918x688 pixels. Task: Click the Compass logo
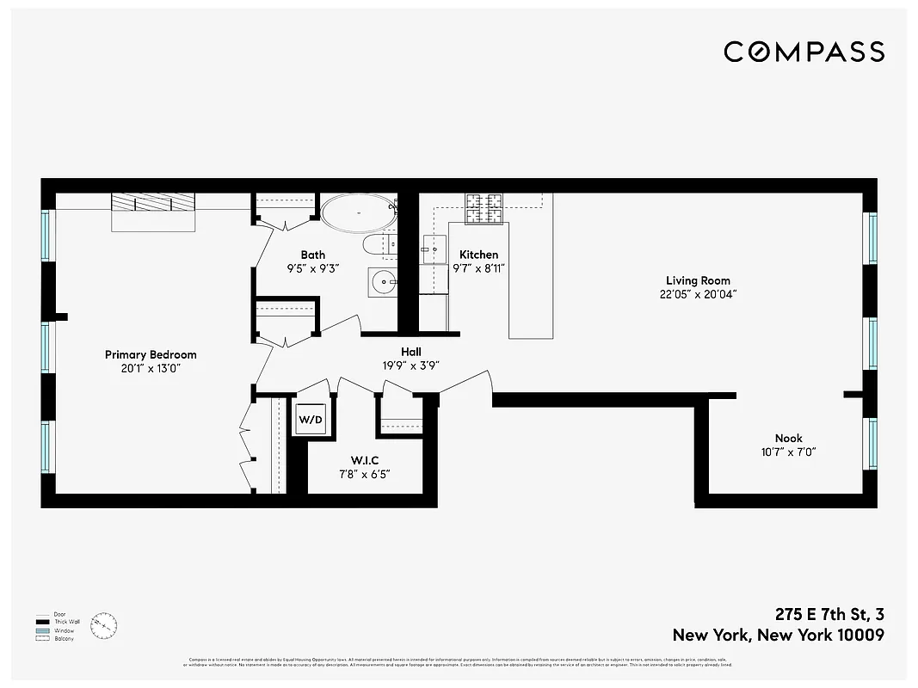coord(804,52)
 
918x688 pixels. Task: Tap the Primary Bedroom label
coord(151,354)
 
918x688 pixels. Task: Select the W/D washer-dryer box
coord(311,421)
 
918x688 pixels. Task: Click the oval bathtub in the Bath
coord(359,212)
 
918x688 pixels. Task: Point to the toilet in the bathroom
coord(379,245)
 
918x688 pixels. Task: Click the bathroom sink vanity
coord(381,281)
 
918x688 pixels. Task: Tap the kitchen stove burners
coord(484,206)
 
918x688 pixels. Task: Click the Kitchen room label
coord(478,255)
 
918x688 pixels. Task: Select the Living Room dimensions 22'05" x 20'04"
coord(698,294)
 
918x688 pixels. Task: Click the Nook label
coord(788,438)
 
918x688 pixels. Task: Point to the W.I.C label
coord(364,460)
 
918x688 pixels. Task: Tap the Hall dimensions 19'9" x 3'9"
coord(411,365)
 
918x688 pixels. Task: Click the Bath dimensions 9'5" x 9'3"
coord(313,268)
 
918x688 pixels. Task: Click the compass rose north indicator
coord(103,625)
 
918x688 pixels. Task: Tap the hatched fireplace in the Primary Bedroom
coord(153,202)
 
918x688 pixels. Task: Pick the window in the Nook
coord(872,443)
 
